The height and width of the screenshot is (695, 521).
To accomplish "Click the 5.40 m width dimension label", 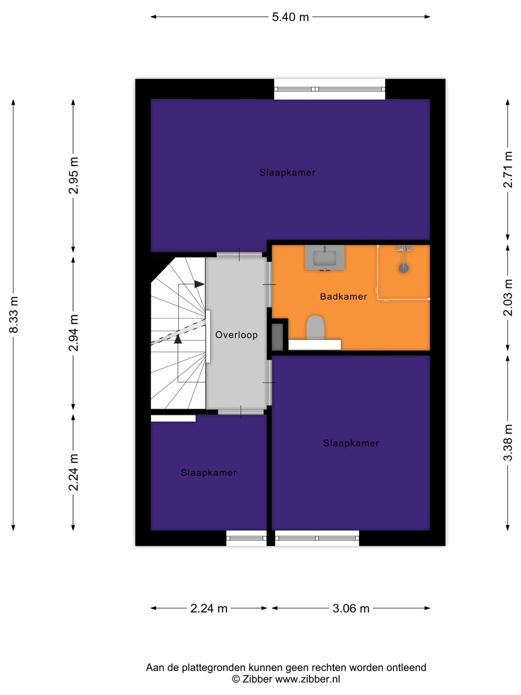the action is point(290,17).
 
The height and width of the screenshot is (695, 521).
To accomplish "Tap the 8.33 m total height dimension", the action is point(14,314).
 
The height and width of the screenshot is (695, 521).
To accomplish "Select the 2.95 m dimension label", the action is point(73,175).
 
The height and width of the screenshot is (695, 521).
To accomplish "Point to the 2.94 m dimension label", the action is point(73,333).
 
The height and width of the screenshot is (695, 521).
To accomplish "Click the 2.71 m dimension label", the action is point(507,170).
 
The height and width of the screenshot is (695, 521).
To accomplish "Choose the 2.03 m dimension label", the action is point(507,297).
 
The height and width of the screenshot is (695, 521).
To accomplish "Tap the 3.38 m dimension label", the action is point(507,442).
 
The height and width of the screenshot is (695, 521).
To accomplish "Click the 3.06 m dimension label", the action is point(351,608).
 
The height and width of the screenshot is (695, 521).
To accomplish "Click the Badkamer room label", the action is point(343,297).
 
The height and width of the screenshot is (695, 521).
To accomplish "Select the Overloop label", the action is point(236,335).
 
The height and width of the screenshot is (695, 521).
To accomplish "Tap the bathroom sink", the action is point(325,257).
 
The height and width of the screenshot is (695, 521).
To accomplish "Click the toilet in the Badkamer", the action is point(315,327).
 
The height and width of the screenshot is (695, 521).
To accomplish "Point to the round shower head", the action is point(404,268).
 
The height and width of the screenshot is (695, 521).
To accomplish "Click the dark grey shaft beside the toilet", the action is point(277,337).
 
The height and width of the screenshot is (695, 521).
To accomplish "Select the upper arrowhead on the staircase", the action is point(199,284).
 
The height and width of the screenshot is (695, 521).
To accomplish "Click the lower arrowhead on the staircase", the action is point(178,339).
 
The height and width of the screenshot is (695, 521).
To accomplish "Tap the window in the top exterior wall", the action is point(329,89).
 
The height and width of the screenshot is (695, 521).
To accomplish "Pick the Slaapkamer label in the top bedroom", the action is point(287,173).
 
